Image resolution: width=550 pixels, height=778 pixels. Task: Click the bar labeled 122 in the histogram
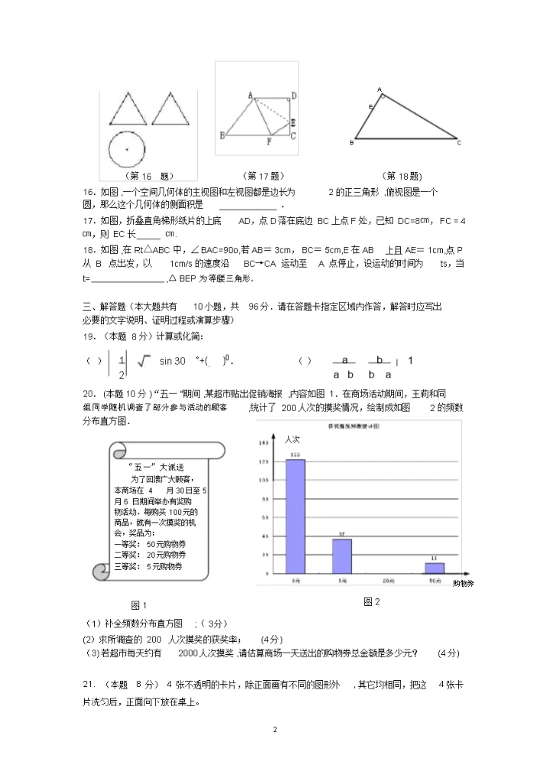click(296, 516)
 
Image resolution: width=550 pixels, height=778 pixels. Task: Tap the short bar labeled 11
click(435, 568)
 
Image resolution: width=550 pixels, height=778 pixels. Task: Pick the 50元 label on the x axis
click(435, 582)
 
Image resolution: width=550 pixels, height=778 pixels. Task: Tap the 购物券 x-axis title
click(463, 584)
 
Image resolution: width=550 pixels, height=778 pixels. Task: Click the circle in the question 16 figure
click(127, 149)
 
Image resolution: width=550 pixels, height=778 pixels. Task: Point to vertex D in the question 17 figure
click(294, 96)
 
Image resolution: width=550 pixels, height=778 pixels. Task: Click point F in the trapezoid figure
click(269, 141)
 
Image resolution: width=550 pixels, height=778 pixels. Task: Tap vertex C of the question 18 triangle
click(458, 142)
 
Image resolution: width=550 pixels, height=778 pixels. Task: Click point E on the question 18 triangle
click(371, 106)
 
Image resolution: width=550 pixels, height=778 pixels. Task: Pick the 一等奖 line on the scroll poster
click(150, 543)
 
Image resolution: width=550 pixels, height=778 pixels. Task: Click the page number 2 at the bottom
click(275, 731)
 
